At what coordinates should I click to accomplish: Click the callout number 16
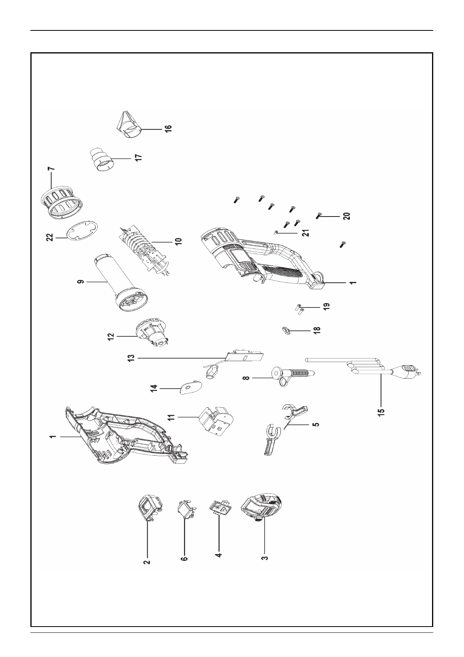168,129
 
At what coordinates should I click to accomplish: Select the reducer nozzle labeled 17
102,159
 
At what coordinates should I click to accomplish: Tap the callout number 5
316,423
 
